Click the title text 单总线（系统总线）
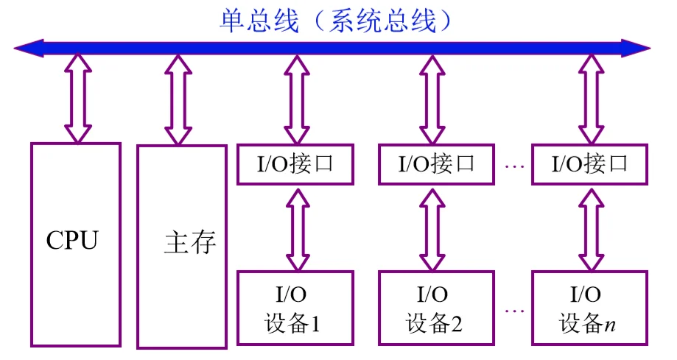click(335, 20)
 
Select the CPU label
click(72, 240)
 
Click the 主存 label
click(189, 242)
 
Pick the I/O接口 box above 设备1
click(295, 163)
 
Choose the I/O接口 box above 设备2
click(437, 163)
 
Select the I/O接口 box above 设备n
click(589, 163)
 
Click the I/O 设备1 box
click(295, 308)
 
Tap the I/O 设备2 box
click(437, 308)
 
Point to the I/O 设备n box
click(589, 308)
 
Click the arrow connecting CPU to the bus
click(77, 98)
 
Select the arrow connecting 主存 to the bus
click(178, 99)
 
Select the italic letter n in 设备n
click(610, 325)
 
